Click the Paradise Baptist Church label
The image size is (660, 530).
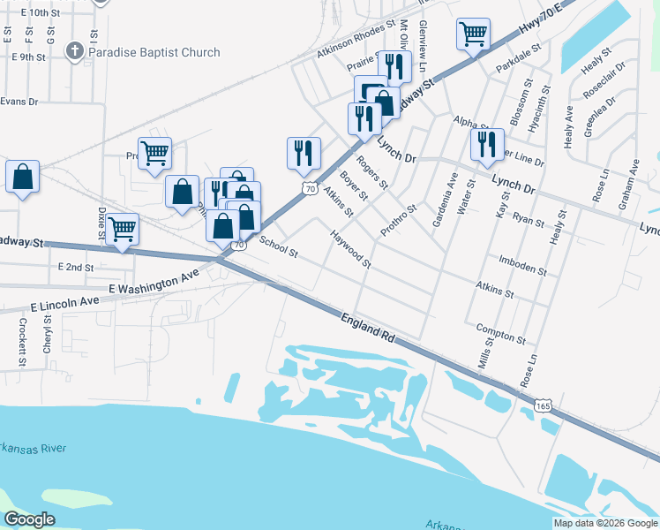[x=154, y=53]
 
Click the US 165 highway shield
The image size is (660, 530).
[x=544, y=404]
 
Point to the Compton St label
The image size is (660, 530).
[x=500, y=333]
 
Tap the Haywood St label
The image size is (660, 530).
[x=350, y=250]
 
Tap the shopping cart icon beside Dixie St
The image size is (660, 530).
[x=123, y=229]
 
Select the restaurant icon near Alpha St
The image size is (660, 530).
[x=487, y=144]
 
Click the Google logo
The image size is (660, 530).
[x=30, y=519]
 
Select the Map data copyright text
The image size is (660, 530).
[x=604, y=523]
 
